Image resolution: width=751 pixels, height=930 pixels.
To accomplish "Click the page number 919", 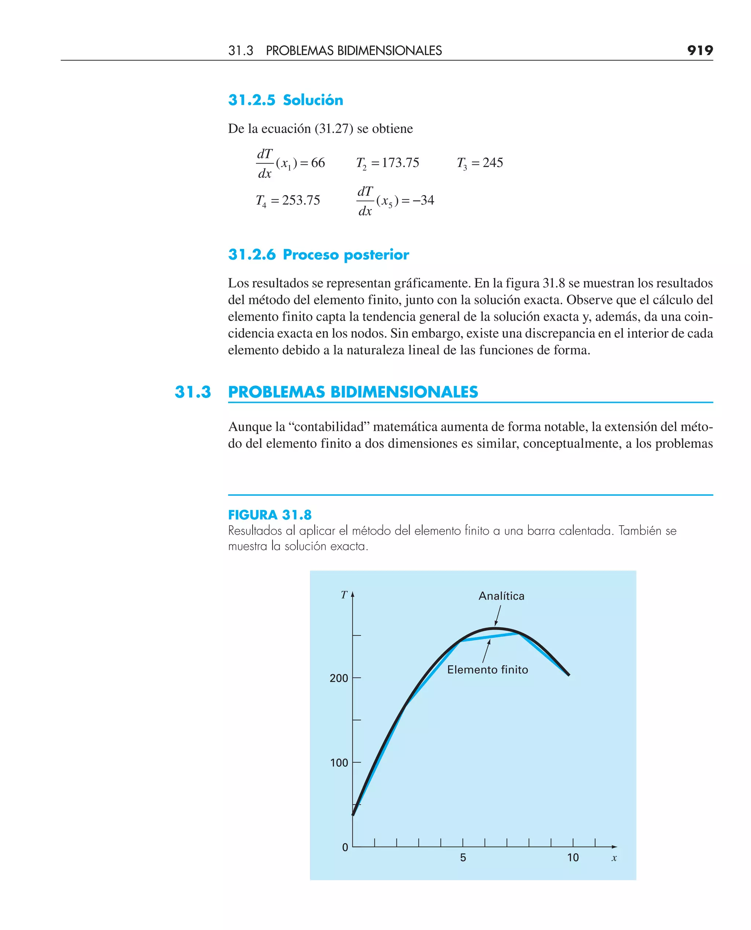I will coord(700,51).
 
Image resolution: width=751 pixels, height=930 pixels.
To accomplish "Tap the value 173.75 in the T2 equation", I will coord(400,163).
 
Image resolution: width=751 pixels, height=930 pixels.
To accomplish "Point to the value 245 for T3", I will coord(493,163).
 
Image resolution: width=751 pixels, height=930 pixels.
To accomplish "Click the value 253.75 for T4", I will coord(301,200).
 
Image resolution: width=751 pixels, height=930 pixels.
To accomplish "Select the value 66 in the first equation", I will coord(318,163).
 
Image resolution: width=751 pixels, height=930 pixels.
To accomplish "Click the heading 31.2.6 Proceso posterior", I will coord(318,255).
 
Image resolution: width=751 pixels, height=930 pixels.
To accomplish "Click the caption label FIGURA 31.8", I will coord(270,515).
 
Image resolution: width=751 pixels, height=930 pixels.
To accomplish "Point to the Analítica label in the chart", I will coord(501,596).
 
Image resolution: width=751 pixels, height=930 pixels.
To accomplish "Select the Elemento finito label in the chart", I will coord(488,670).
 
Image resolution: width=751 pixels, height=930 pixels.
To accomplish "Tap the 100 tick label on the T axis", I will coord(339,763).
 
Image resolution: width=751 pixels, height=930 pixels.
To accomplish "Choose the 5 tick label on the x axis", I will coord(463,857).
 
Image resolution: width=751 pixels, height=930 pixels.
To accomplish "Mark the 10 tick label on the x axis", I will coord(573,857).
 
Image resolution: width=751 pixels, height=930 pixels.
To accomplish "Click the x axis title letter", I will coord(614,858).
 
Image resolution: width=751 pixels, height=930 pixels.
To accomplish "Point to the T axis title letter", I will coord(344,595).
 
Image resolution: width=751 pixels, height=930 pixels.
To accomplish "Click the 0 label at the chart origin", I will coord(345,847).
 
